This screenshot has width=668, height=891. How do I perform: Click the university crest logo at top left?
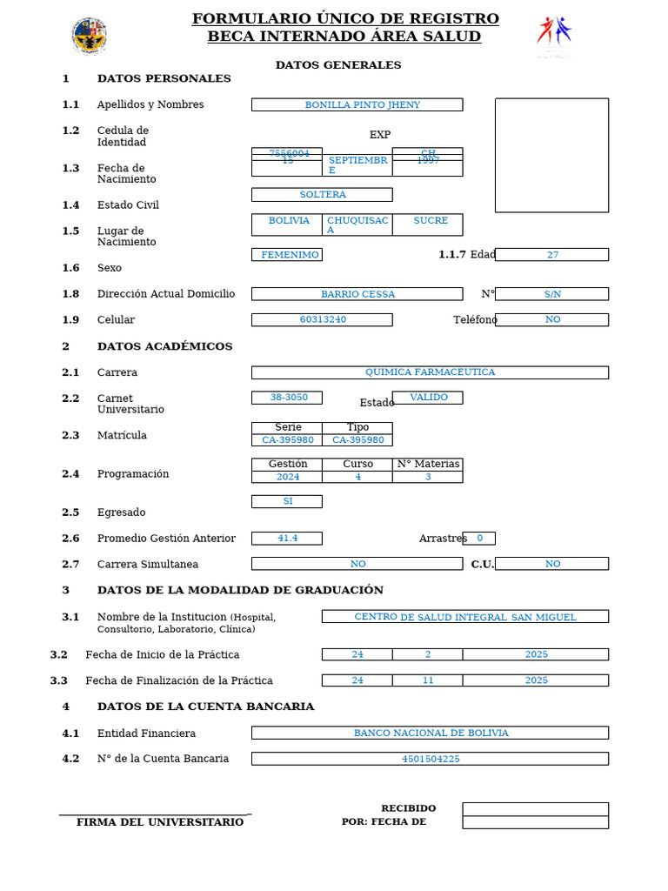(x=89, y=36)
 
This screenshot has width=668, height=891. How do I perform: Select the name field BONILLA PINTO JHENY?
(x=357, y=104)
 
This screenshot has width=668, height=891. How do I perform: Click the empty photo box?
(x=551, y=155)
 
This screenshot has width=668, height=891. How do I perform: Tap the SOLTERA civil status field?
(x=322, y=195)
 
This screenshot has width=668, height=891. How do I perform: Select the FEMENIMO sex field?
(x=287, y=255)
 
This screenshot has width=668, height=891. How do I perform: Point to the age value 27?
(x=551, y=255)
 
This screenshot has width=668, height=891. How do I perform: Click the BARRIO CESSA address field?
(x=357, y=294)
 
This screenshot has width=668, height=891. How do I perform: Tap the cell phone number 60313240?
(x=322, y=319)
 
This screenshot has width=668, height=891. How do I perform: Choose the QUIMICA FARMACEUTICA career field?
(x=430, y=372)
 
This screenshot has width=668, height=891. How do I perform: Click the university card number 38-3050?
(x=287, y=398)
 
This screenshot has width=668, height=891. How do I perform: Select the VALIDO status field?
(x=427, y=398)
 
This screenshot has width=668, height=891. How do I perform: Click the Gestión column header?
(x=287, y=464)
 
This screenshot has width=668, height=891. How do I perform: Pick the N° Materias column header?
(x=427, y=464)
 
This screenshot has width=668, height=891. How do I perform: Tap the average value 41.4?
(x=287, y=539)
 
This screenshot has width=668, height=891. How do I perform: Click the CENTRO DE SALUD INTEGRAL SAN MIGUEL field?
(x=464, y=617)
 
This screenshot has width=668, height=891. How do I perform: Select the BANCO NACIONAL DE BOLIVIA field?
(x=430, y=733)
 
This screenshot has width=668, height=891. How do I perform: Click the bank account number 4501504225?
(x=430, y=759)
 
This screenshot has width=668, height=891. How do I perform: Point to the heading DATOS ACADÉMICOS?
(x=164, y=346)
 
